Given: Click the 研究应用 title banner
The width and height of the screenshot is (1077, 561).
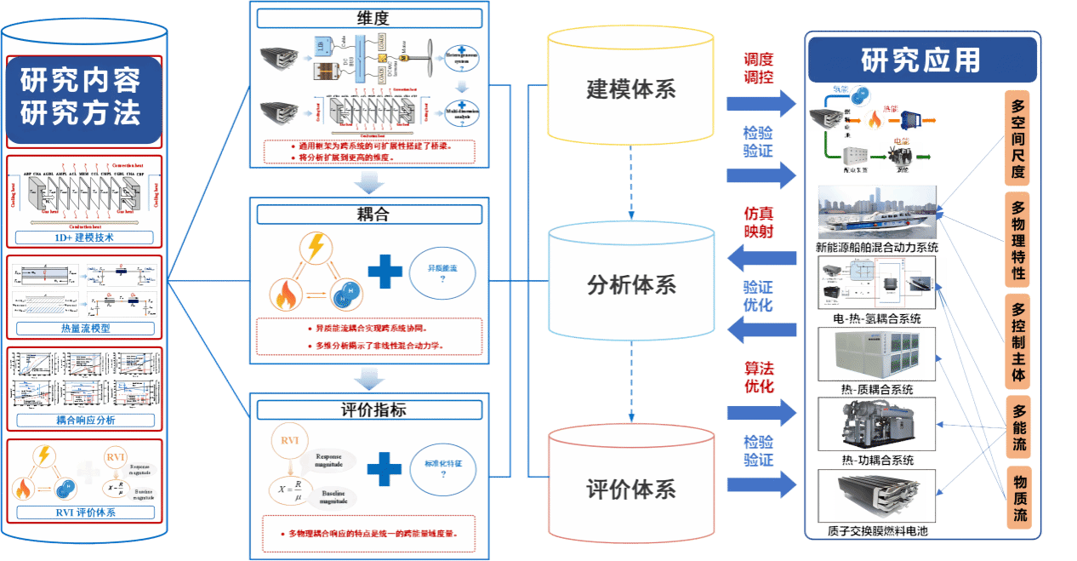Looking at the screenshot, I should (921, 60).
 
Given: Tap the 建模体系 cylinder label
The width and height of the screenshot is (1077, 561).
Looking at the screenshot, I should (631, 89).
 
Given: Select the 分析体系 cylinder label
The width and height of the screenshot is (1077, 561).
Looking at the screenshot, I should (631, 284).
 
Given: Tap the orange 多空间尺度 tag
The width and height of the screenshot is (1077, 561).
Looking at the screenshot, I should (1018, 140).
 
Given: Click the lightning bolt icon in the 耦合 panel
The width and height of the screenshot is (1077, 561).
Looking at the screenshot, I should (315, 248).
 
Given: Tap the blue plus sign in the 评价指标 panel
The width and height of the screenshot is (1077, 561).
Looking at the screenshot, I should (385, 468).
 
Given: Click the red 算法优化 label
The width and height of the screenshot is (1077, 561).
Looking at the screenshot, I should (759, 375).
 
